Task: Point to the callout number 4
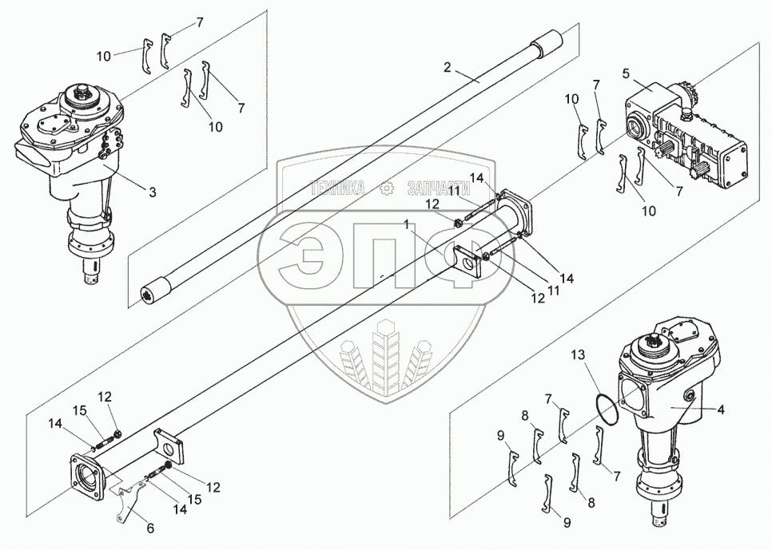[x=720, y=410]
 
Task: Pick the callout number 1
[x=408, y=226]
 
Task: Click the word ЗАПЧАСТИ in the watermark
[x=437, y=188]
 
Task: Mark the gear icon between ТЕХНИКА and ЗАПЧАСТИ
[x=388, y=188]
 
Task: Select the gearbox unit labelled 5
[x=687, y=136]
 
